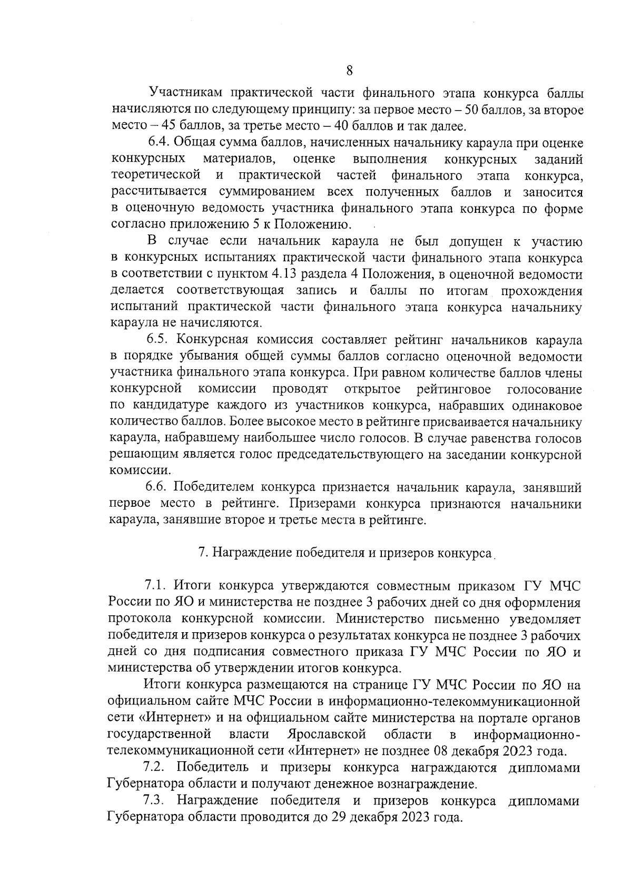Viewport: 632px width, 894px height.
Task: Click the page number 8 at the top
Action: [349, 70]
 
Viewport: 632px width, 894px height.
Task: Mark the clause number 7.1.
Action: [155, 587]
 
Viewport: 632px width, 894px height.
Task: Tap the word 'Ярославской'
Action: [327, 734]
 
